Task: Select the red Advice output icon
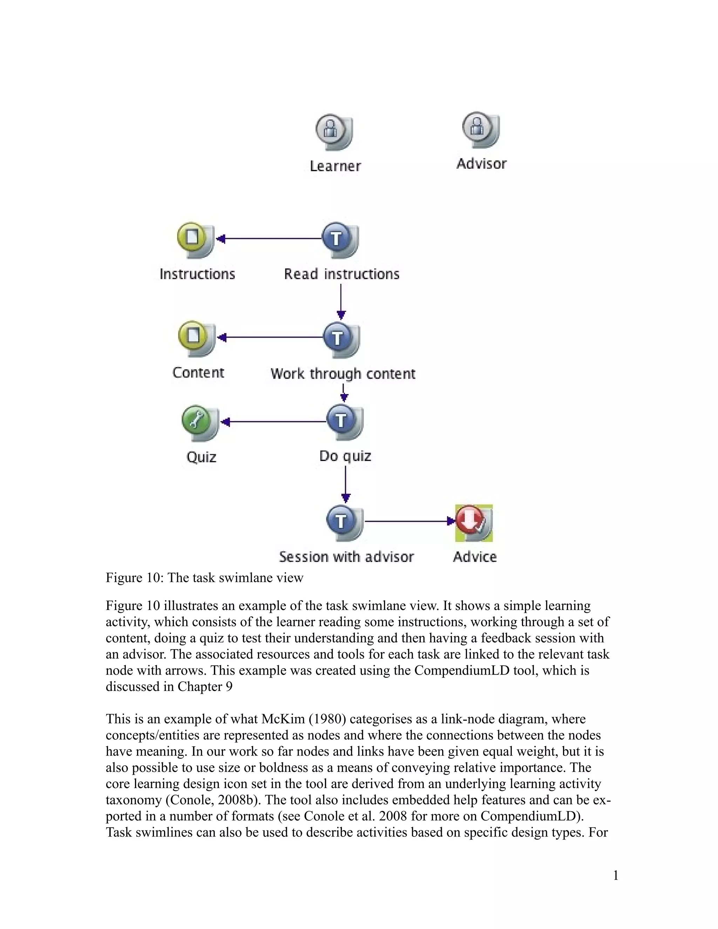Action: (473, 523)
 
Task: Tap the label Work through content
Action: (343, 374)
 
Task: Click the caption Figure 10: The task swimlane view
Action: (205, 578)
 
